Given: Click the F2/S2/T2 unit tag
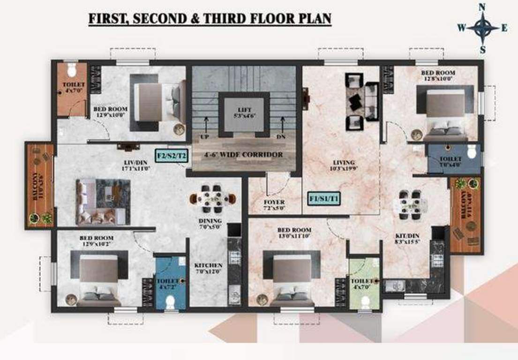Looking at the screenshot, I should [x=172, y=155].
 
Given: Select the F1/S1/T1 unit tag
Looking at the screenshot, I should [x=324, y=199].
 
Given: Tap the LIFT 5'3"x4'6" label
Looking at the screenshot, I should [x=245, y=112].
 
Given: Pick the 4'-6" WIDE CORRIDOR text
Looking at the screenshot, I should [x=244, y=154].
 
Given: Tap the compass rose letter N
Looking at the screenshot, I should [x=482, y=7].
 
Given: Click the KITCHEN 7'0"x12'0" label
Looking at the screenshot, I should [x=208, y=269].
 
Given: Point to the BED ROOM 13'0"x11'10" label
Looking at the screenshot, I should [x=294, y=233].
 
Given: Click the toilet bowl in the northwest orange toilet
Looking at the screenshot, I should [x=71, y=70].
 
